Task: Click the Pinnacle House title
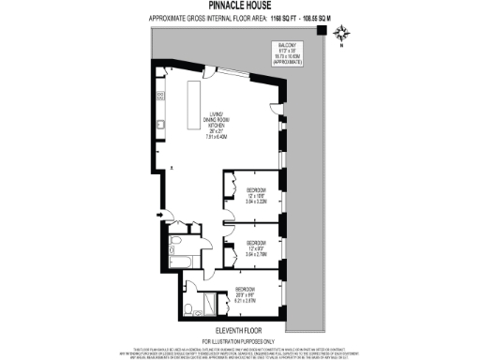[x=240, y=6]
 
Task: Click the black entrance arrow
[x=159, y=217]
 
